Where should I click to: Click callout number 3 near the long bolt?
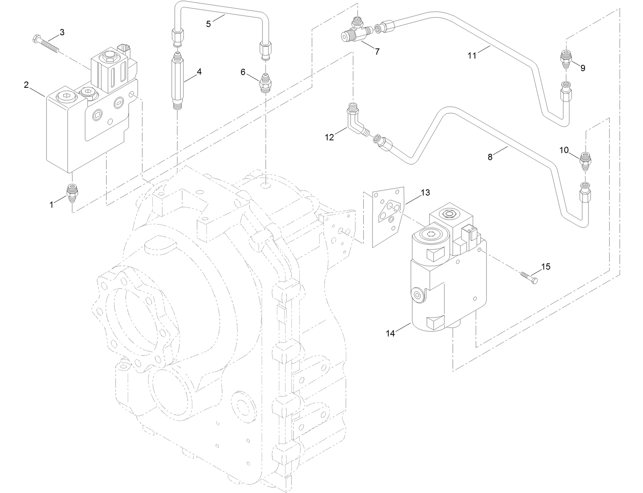tap(62, 32)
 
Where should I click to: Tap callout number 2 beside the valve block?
tap(26, 85)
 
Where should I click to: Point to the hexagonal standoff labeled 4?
tap(177, 84)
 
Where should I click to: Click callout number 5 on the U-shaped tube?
tap(208, 24)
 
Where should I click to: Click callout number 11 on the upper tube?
tap(472, 56)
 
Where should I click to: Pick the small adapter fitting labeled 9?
tap(565, 60)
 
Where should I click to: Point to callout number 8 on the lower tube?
tap(490, 157)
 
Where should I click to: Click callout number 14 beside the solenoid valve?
tap(390, 333)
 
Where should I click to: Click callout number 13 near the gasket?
tap(425, 192)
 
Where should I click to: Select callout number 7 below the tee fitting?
tap(377, 52)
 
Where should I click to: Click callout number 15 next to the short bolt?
tap(545, 267)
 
